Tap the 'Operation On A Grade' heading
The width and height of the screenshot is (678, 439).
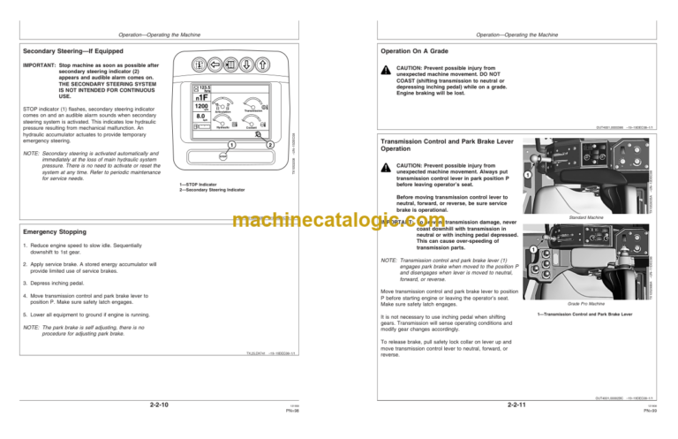pyautogui.click(x=418, y=50)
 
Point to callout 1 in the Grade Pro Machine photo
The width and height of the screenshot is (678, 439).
pyautogui.click(x=532, y=250)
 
